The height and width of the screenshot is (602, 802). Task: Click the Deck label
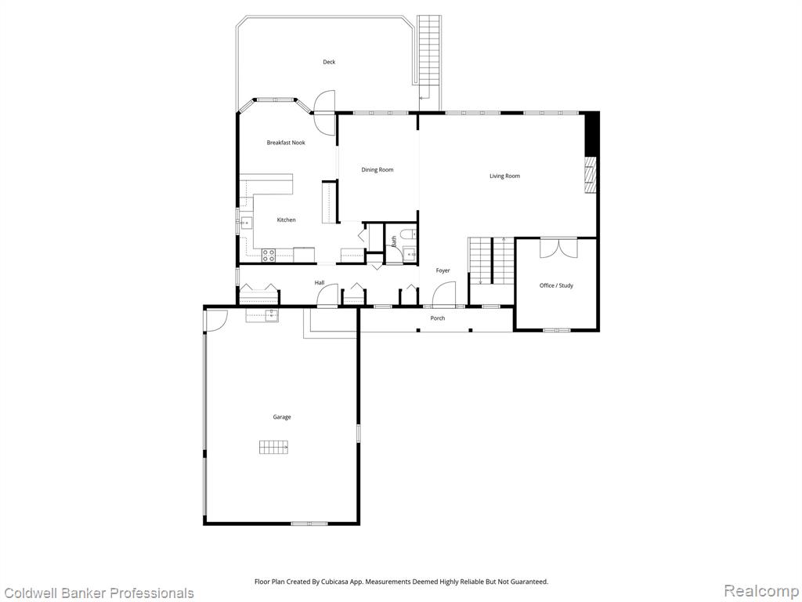(329, 62)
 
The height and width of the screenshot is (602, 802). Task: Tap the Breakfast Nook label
(286, 143)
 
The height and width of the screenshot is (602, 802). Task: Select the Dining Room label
(378, 170)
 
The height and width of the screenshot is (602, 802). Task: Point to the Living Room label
(505, 176)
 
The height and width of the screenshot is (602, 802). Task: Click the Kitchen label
(287, 220)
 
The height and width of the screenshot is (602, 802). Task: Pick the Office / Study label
(557, 285)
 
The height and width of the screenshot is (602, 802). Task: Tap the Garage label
(282, 417)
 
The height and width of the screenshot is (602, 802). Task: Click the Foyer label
(443, 270)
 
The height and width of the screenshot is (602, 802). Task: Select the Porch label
(438, 318)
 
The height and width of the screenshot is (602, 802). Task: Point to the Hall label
(320, 283)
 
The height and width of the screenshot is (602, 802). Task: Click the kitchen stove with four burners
(269, 255)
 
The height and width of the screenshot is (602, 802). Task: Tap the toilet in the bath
(408, 234)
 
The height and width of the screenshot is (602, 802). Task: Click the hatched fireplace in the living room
(591, 175)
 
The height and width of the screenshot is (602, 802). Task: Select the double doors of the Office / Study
(559, 248)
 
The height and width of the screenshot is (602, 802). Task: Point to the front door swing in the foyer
(443, 295)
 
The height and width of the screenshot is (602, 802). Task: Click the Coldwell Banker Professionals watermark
(98, 593)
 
